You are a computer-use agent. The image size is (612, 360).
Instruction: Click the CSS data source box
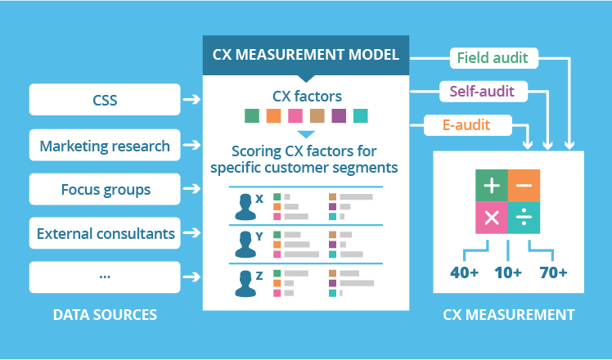click(x=105, y=100)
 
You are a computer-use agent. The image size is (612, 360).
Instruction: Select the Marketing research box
click(x=105, y=146)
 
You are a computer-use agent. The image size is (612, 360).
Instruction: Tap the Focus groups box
click(x=105, y=190)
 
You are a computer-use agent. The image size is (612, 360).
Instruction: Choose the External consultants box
click(x=105, y=233)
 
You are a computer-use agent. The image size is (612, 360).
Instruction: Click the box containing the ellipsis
click(x=105, y=277)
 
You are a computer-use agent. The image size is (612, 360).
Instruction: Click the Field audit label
click(x=493, y=58)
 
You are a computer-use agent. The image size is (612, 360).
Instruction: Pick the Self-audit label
click(x=482, y=91)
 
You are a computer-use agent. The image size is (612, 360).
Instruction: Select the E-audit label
click(x=468, y=125)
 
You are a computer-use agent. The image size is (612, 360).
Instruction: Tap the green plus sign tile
click(x=492, y=185)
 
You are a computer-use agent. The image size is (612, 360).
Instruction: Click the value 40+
click(x=464, y=272)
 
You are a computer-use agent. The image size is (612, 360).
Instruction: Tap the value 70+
click(x=552, y=272)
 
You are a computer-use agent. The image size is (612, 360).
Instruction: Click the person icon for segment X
click(x=245, y=205)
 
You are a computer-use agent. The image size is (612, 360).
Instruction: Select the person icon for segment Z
click(x=245, y=281)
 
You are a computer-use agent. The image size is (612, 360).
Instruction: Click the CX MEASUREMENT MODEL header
click(x=305, y=56)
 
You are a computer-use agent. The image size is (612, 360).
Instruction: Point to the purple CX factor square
click(x=338, y=115)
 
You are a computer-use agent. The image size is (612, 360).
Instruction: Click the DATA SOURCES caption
click(x=105, y=314)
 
